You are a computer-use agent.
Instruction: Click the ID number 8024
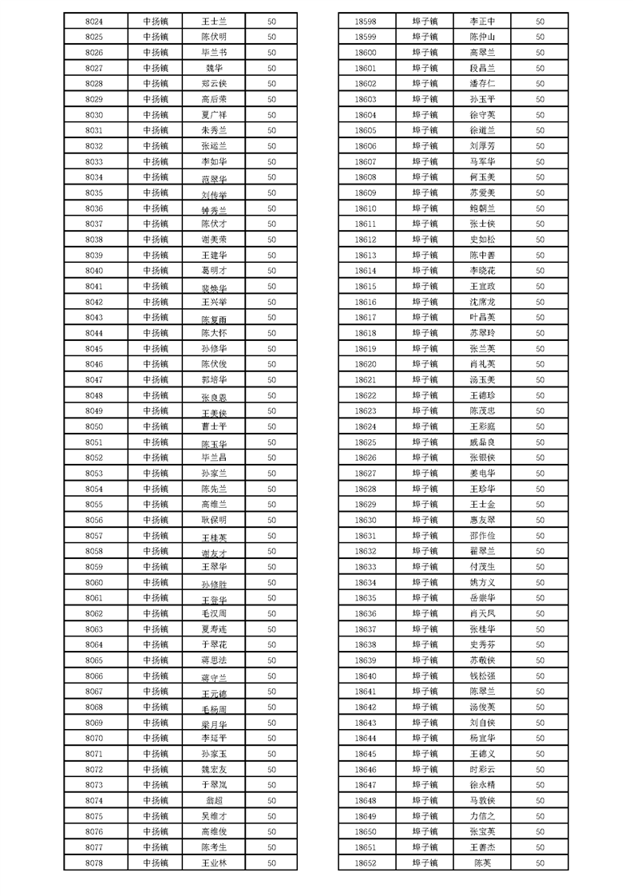(x=93, y=21)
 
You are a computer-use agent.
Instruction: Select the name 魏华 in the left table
(x=214, y=68)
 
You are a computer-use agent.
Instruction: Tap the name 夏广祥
(x=214, y=115)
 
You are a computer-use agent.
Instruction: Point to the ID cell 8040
(x=93, y=271)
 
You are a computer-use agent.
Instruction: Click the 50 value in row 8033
(x=271, y=161)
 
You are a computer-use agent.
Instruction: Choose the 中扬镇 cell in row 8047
(x=156, y=379)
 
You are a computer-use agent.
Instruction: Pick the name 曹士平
(x=214, y=426)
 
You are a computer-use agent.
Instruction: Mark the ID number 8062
(x=93, y=613)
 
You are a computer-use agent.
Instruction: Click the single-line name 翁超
(x=214, y=800)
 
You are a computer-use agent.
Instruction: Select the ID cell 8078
(x=93, y=862)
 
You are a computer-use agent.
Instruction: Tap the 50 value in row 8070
(x=271, y=738)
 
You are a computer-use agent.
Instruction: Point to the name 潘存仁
(x=482, y=84)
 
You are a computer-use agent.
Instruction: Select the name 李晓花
(x=482, y=271)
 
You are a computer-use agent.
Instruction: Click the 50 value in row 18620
(x=540, y=364)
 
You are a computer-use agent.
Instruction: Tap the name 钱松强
(x=482, y=676)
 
